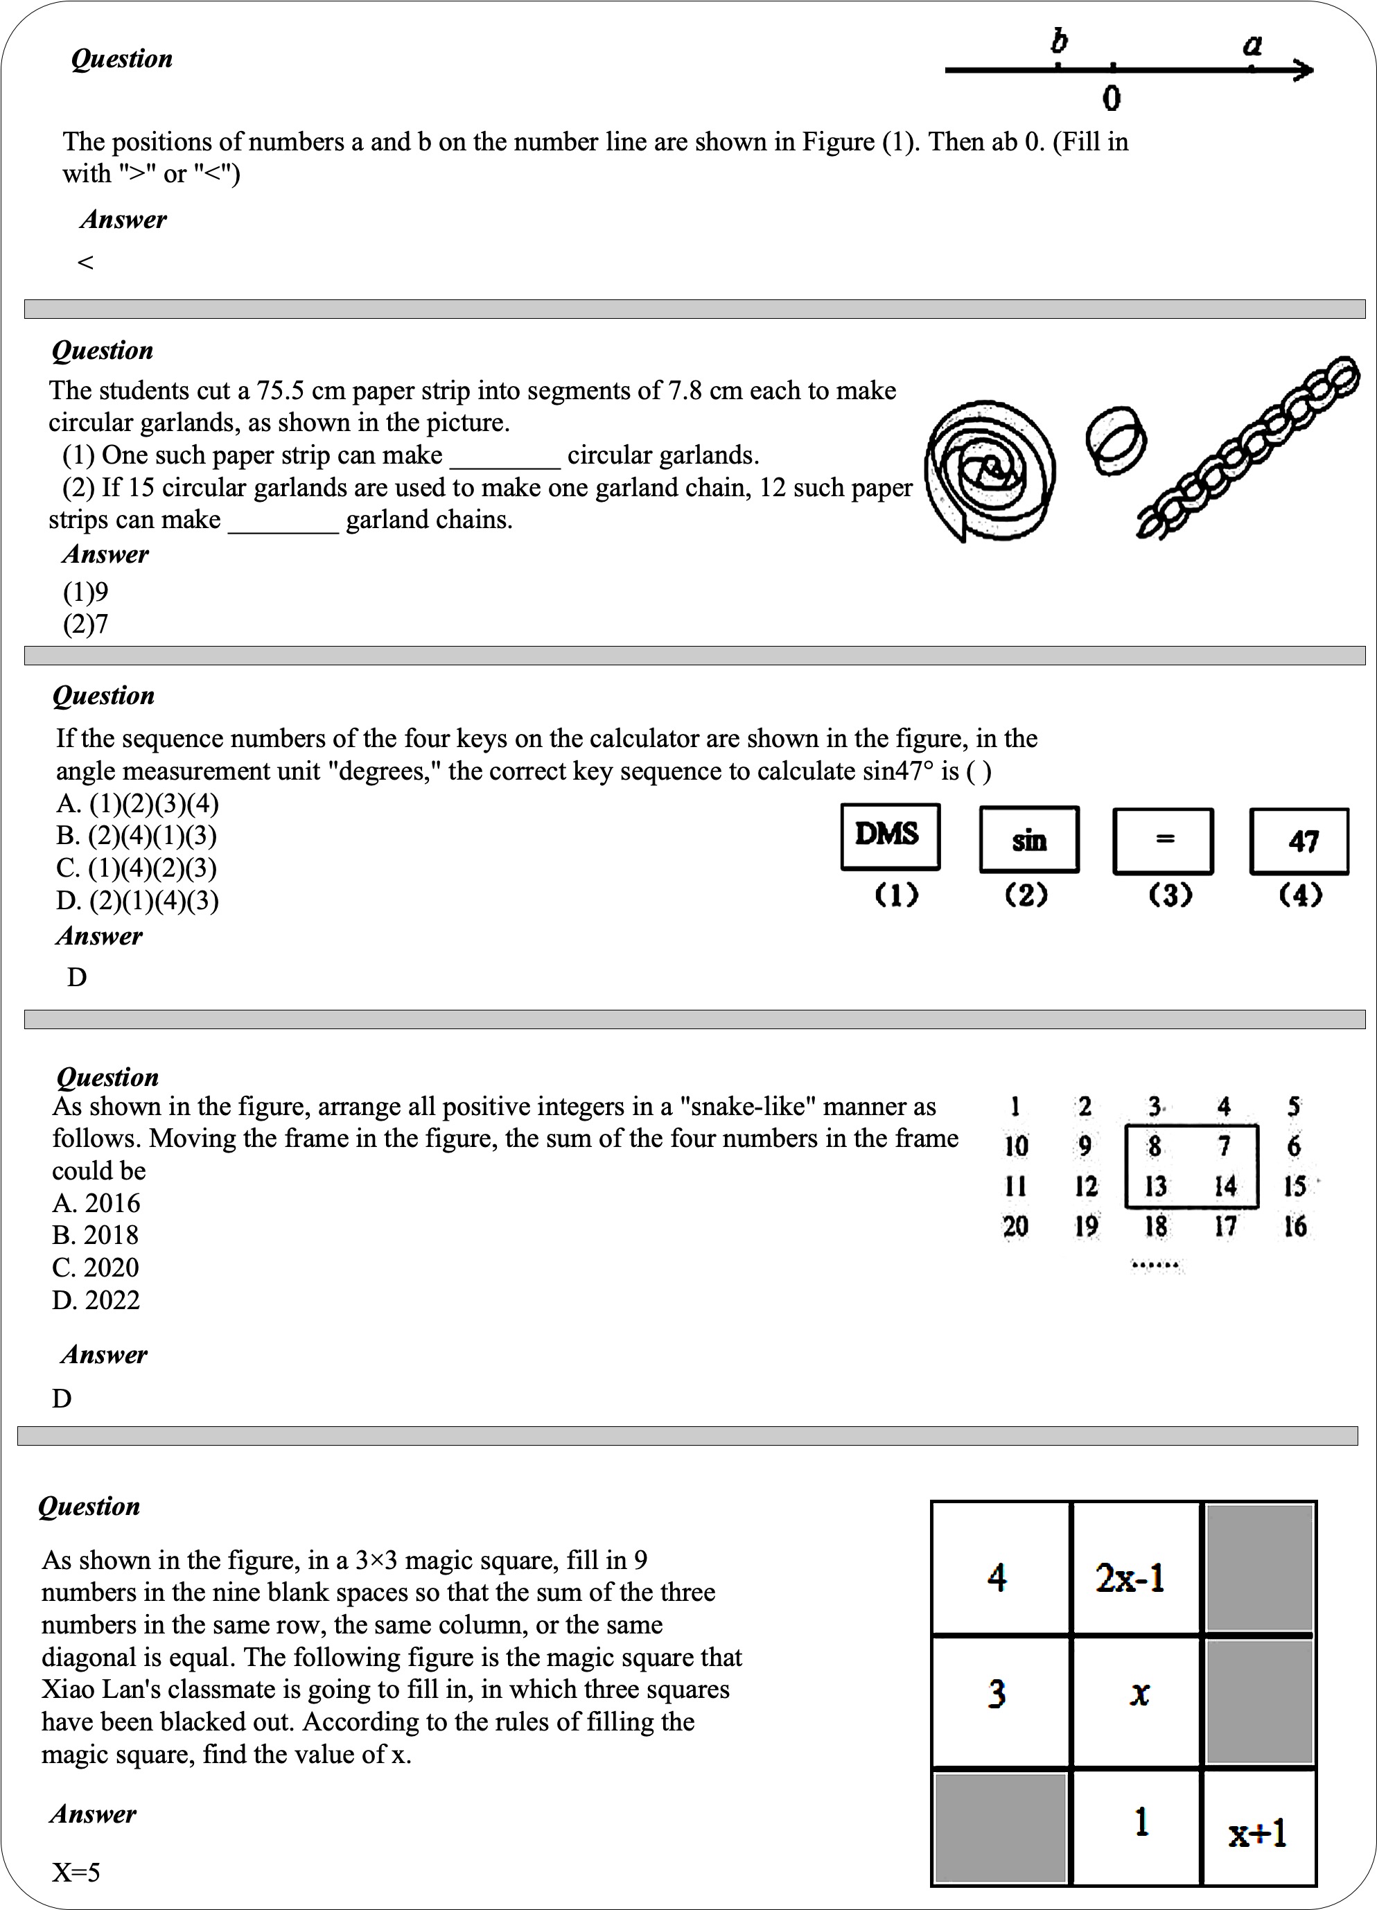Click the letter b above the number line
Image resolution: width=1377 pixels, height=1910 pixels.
coord(1060,40)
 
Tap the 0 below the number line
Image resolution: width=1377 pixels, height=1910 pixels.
coord(1112,98)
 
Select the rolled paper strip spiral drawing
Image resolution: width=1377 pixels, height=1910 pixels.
coord(990,471)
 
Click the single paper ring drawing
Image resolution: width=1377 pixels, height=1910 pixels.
coord(1116,441)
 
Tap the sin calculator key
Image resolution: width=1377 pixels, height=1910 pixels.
coord(1029,840)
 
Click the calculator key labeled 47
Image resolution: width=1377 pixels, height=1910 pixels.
coord(1299,841)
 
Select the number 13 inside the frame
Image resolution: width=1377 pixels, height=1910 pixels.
coord(1155,1186)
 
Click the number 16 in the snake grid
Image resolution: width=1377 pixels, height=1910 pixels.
coord(1295,1225)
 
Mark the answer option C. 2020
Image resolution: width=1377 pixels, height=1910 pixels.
coord(95,1268)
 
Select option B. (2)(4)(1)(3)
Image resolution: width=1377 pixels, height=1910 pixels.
coord(137,835)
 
